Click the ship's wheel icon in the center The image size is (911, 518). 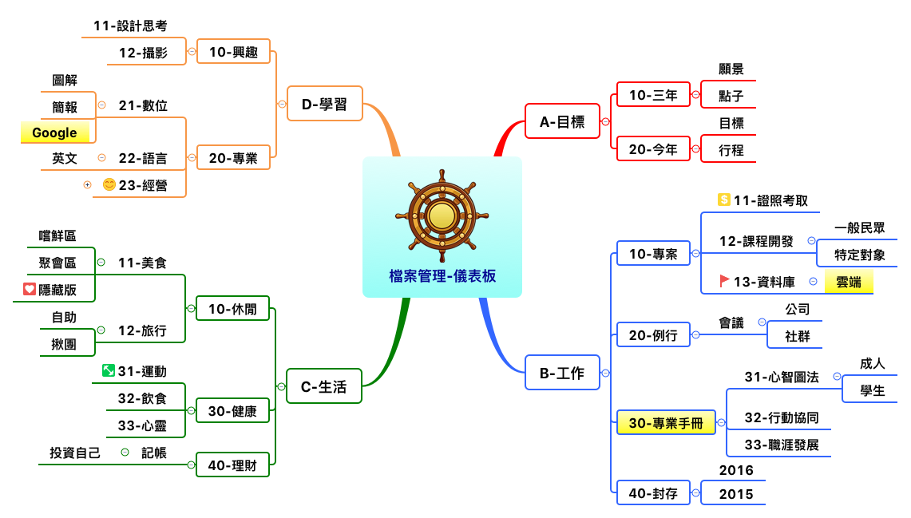[442, 215]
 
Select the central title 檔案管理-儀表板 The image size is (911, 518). [442, 276]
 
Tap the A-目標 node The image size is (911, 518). [562, 121]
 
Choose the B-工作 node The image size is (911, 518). [562, 373]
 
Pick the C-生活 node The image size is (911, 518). [323, 386]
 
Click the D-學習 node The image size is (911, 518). [324, 104]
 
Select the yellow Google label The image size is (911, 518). [54, 132]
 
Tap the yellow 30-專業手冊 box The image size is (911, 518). [666, 423]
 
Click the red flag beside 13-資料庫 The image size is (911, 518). [724, 280]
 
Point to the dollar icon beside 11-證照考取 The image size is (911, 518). [724, 200]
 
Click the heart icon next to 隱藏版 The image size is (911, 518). [30, 289]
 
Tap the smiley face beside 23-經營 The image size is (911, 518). [109, 185]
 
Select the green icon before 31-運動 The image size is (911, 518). [109, 370]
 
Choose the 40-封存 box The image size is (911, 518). [653, 493]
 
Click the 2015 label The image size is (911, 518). [735, 494]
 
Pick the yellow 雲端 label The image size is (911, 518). [848, 282]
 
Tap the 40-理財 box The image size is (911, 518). [232, 465]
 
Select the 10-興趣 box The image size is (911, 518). [233, 52]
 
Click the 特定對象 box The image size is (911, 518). [859, 255]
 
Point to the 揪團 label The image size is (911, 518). [64, 344]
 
